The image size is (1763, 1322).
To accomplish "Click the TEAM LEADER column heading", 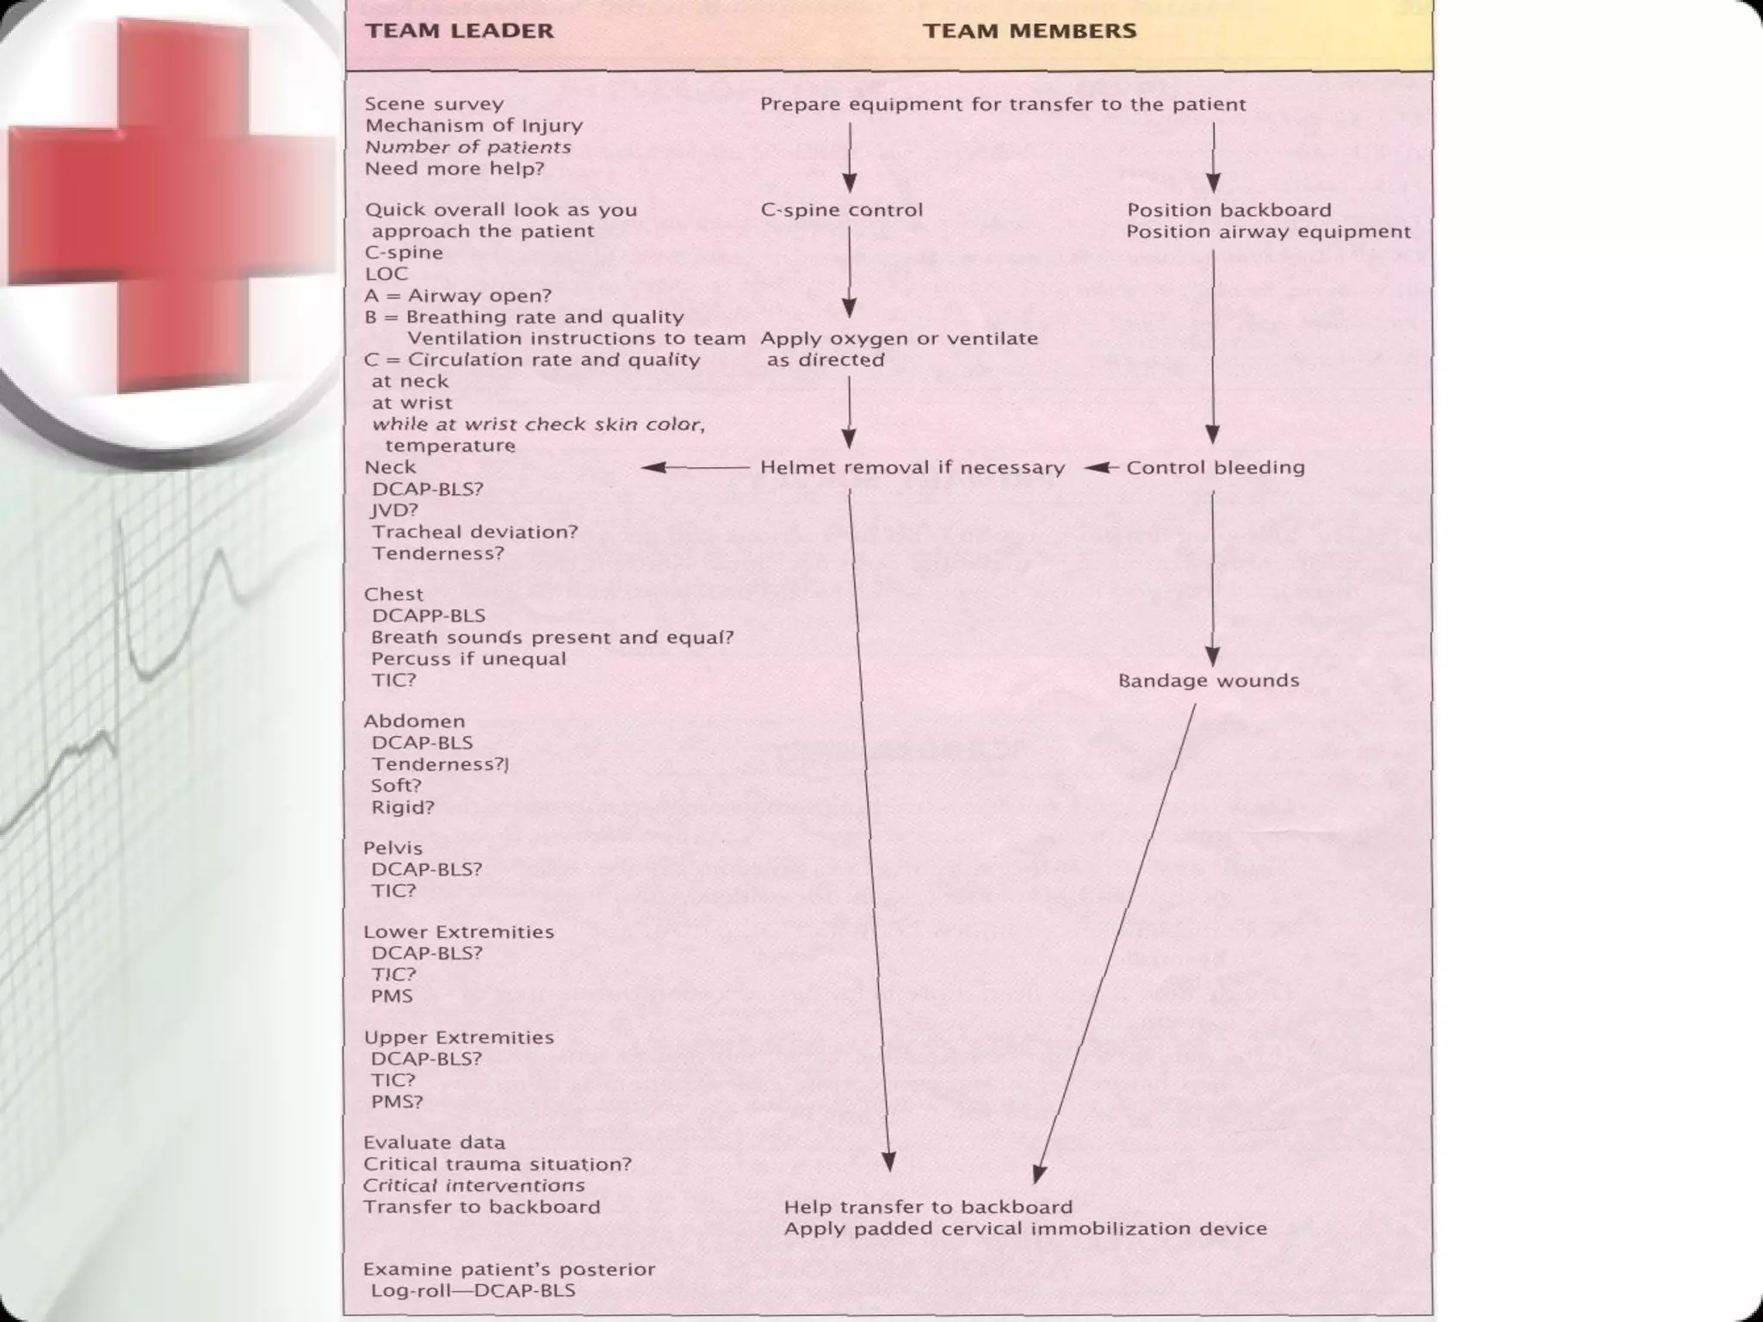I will coord(460,31).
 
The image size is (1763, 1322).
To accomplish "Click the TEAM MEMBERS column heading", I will coord(1030,31).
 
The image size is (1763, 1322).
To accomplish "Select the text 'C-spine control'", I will coord(841,210).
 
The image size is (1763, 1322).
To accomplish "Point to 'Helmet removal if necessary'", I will coord(912,467).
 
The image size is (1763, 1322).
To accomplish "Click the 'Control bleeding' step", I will coord(1216,467).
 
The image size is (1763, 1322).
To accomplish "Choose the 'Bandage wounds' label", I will coord(1209,681).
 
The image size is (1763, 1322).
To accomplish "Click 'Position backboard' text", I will coord(1228,210).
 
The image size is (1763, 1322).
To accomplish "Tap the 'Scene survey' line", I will coord(434,104).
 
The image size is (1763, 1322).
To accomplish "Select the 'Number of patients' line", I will coord(467,147).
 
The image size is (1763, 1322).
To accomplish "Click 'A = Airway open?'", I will coord(458,296).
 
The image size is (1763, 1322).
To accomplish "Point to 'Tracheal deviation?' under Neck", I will coord(474,532).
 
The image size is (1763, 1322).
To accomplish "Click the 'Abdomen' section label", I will coord(414,721).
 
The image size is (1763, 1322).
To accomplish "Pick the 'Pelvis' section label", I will coord(393,848).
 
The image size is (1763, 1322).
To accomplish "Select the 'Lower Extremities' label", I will coord(459,932).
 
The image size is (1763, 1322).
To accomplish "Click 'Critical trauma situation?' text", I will coord(498,1164).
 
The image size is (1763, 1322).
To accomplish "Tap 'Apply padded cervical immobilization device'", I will coord(1025,1229).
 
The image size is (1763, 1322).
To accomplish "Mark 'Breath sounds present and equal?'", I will coord(552,638).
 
